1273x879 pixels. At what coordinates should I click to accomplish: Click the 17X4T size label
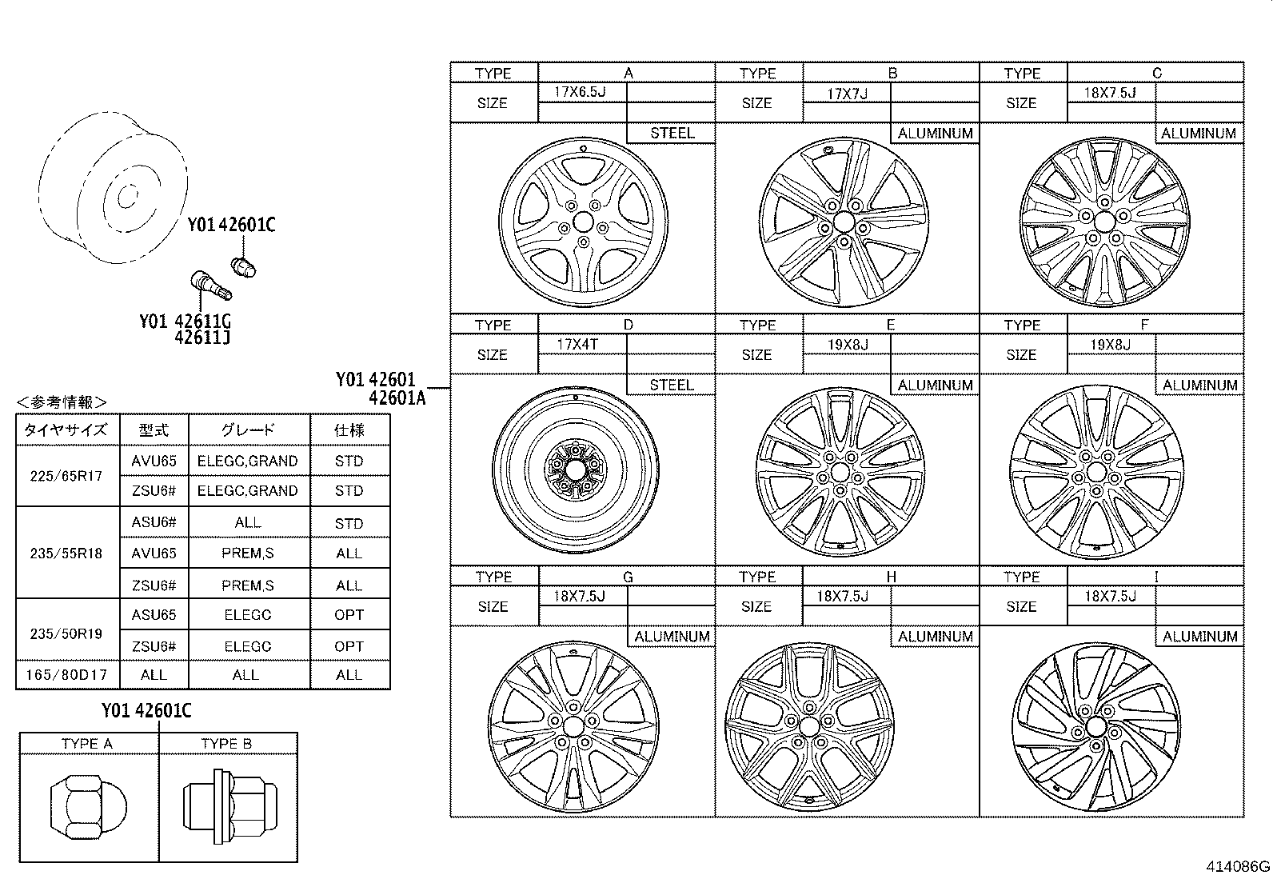click(x=578, y=345)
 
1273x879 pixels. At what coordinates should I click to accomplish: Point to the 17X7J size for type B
click(x=847, y=94)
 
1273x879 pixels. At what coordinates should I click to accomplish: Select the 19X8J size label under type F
click(x=1110, y=345)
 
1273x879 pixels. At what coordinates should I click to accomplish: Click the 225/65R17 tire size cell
click(x=66, y=476)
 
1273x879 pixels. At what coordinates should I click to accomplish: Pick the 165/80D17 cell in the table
click(x=66, y=674)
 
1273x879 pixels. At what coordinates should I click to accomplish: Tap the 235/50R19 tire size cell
click(x=66, y=633)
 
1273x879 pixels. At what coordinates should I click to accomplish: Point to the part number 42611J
click(x=202, y=338)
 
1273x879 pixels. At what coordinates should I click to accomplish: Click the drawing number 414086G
click(x=1238, y=866)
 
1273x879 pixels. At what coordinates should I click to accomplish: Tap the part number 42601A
click(x=397, y=398)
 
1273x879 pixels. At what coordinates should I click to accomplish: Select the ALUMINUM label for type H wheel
click(x=935, y=637)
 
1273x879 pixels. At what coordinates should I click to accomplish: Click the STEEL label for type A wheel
click(x=672, y=133)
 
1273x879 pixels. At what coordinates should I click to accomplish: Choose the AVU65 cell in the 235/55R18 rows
click(x=154, y=553)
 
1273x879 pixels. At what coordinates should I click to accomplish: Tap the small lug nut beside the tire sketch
click(x=242, y=266)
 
